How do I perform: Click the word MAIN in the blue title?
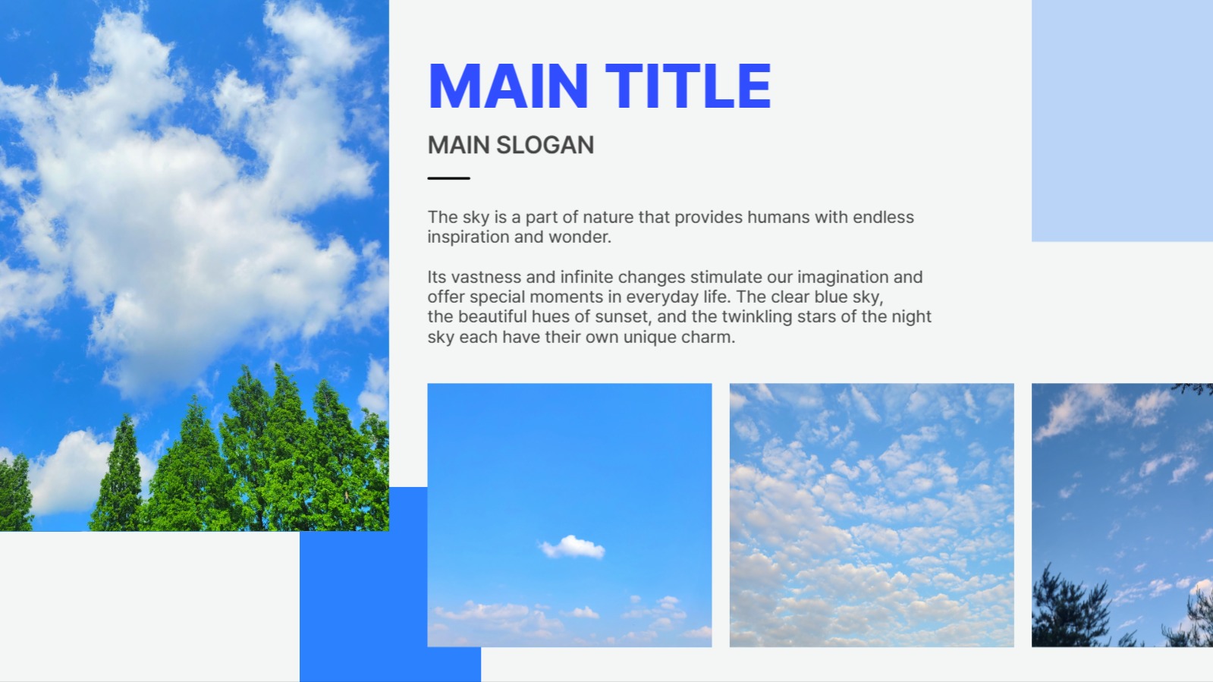[x=508, y=86]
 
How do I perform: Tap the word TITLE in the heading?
[x=688, y=86]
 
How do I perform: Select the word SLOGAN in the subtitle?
[x=545, y=145]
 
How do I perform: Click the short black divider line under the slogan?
[x=449, y=178]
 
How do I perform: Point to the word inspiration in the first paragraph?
[x=468, y=237]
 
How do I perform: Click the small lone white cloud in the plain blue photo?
[x=573, y=546]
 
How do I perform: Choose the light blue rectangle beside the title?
[x=1122, y=121]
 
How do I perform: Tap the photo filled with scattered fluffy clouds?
[x=872, y=515]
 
